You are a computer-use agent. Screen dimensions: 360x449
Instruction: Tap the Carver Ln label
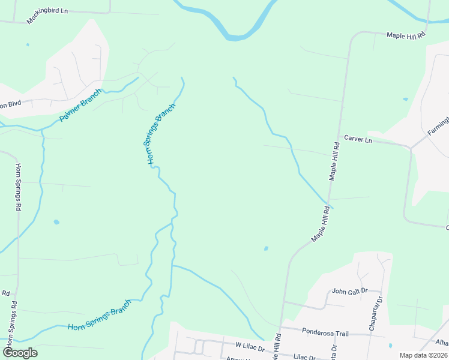pos(358,140)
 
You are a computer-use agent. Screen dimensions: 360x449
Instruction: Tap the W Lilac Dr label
pos(250,346)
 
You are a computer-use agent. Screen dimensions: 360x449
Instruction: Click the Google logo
pos(20,353)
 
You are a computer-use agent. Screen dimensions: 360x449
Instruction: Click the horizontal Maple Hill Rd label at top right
pos(406,35)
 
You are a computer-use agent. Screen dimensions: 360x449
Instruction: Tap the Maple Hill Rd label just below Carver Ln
pos(334,162)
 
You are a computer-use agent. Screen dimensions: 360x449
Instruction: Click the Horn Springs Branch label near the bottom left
pos(99,315)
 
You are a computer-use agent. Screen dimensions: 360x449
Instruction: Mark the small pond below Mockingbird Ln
pos(27,44)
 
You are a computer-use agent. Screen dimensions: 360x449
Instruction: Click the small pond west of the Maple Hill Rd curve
pos(266,248)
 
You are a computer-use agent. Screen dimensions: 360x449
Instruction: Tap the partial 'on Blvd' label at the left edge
pos(10,103)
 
